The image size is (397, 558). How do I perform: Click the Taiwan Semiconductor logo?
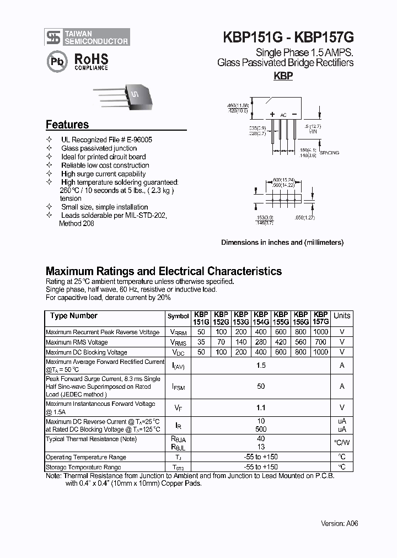coord(87,37)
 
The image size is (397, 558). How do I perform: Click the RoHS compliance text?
coord(90,61)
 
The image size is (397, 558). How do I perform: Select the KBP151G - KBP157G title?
coord(288,37)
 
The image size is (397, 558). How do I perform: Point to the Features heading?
coord(67,125)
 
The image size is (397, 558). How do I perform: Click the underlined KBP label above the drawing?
coord(283,77)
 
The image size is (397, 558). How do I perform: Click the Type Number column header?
coord(73,316)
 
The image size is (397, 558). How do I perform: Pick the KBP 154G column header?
coord(261,318)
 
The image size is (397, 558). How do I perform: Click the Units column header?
coord(342,316)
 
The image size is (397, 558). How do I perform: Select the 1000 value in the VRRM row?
coord(320,332)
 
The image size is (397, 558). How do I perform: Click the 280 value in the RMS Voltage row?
coord(261,342)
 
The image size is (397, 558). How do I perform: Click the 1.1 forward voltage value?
coord(261,408)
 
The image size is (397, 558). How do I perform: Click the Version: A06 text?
coord(340,523)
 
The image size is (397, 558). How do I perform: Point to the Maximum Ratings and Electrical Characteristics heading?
coord(163,271)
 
